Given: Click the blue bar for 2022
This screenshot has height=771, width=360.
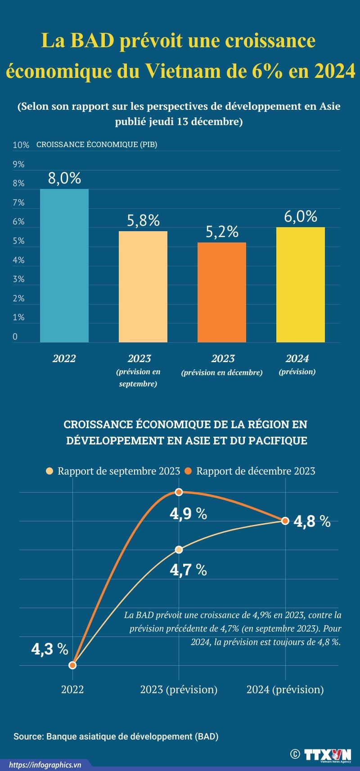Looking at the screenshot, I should pos(64,265).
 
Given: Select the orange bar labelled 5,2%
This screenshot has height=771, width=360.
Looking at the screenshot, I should pos(222,292).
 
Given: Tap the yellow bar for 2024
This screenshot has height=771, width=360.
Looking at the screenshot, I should pos(301,284).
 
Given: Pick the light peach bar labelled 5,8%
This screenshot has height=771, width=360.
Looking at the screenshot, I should pos(143,287).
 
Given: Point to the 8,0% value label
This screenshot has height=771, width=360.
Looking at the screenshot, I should pos(64,179).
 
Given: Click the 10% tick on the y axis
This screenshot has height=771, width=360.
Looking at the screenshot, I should pos(21,145).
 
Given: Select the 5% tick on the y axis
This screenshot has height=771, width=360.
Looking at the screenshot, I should pos(18,241).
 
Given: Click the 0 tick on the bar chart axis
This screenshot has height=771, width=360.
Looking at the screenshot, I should pos(15,336).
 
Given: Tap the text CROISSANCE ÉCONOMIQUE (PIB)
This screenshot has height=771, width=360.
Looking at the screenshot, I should pos(97,145).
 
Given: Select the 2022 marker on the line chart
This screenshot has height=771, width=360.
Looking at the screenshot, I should pos(73,665).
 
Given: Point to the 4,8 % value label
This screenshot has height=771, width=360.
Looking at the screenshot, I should pos(312,521).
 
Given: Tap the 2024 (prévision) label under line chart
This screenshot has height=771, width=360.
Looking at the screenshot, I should pos(285,690).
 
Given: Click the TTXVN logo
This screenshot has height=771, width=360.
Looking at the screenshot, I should pos(327,754).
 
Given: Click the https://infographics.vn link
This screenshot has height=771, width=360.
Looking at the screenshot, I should pos(45,765).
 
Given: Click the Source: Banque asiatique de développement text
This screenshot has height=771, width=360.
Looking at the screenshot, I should pos(116,736).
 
